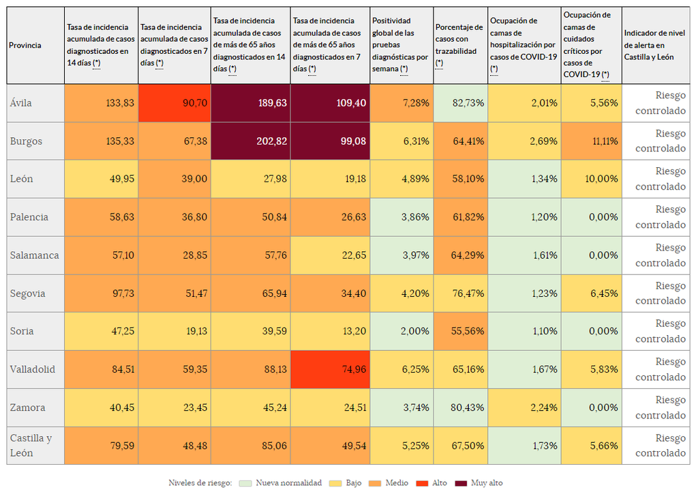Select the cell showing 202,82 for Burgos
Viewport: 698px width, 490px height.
251,141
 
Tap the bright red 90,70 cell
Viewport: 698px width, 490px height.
174,103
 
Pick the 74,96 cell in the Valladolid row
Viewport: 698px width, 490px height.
330,369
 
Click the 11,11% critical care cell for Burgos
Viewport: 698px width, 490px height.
592,141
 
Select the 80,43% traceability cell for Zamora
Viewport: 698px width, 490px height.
461,407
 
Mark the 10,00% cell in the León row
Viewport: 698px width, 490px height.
592,179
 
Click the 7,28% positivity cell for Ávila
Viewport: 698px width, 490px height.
402,103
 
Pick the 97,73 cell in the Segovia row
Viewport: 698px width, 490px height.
102,293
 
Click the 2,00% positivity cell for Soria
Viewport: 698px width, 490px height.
402,331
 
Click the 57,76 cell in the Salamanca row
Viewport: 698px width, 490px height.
251,255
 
